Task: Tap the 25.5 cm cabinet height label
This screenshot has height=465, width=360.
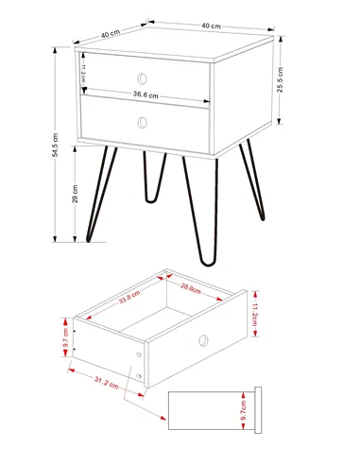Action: pos(281,81)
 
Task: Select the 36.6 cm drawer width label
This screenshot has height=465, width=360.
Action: pos(145,95)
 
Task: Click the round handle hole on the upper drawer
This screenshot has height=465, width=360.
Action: pos(143,77)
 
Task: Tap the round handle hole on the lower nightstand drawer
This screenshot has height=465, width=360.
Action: pos(143,121)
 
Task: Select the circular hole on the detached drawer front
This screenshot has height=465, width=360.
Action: pos(203,339)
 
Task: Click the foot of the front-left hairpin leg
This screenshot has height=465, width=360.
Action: pos(90,241)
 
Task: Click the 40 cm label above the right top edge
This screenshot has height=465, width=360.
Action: pos(210,26)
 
